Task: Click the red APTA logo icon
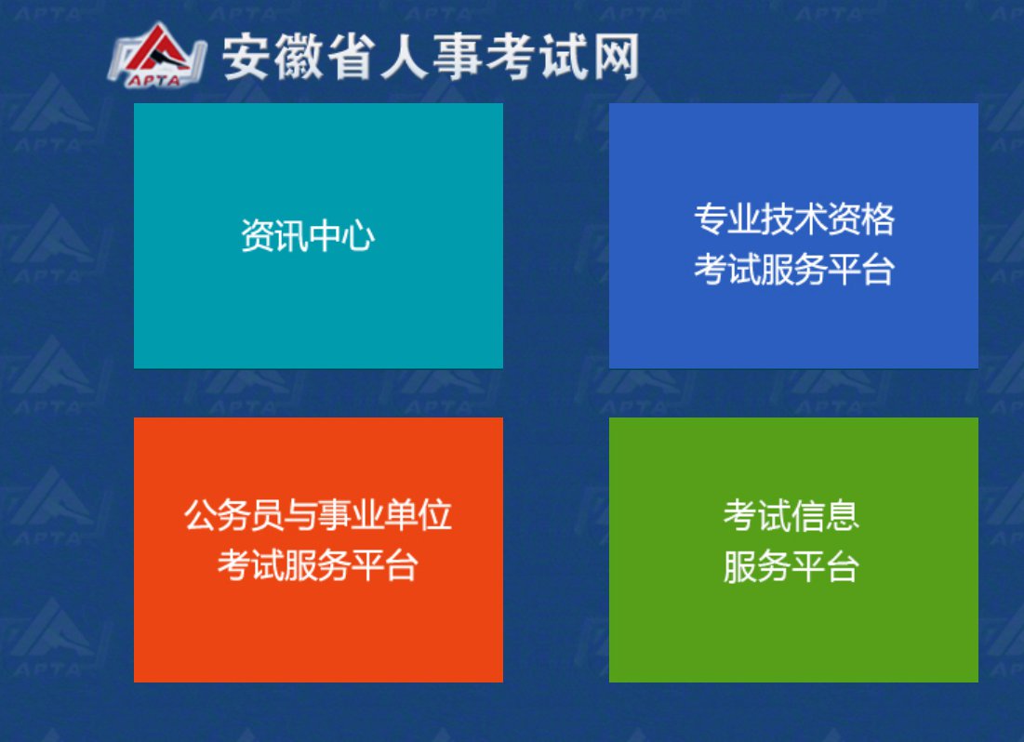(157, 55)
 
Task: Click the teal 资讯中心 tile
(318, 236)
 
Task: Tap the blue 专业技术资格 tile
(793, 236)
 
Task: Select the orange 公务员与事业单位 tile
(318, 550)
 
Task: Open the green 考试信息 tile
(793, 550)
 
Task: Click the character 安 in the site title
(246, 58)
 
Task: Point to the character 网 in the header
(615, 58)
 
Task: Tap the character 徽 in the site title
(299, 58)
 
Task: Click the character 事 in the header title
(458, 58)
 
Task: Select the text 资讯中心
(308, 236)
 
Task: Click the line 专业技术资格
(794, 219)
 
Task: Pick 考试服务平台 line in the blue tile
(794, 269)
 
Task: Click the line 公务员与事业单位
(318, 515)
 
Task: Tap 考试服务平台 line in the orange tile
(318, 565)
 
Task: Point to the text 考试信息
(791, 515)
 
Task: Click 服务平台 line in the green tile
(791, 565)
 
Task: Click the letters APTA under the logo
(154, 80)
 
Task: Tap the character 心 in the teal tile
(359, 236)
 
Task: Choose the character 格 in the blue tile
(878, 219)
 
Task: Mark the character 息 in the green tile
(843, 515)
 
